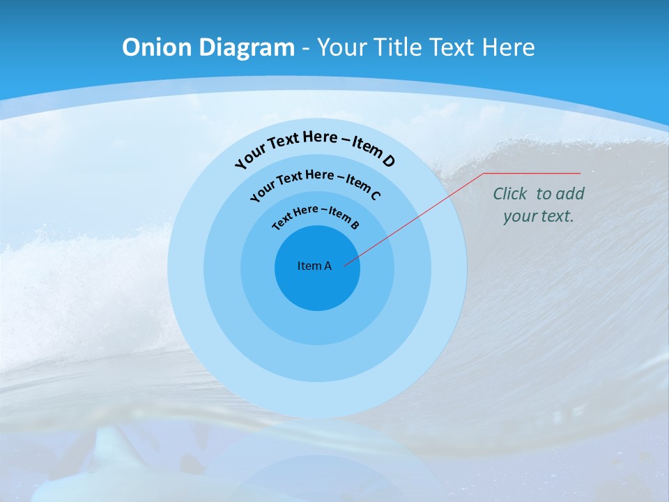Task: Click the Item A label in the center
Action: [314, 266]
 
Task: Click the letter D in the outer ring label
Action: [388, 161]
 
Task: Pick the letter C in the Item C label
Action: [375, 195]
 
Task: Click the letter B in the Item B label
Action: [355, 225]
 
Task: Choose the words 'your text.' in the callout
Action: [538, 216]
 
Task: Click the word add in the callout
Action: [570, 194]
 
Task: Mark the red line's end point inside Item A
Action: [345, 266]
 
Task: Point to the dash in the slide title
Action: [306, 47]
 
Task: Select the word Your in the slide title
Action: [341, 47]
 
